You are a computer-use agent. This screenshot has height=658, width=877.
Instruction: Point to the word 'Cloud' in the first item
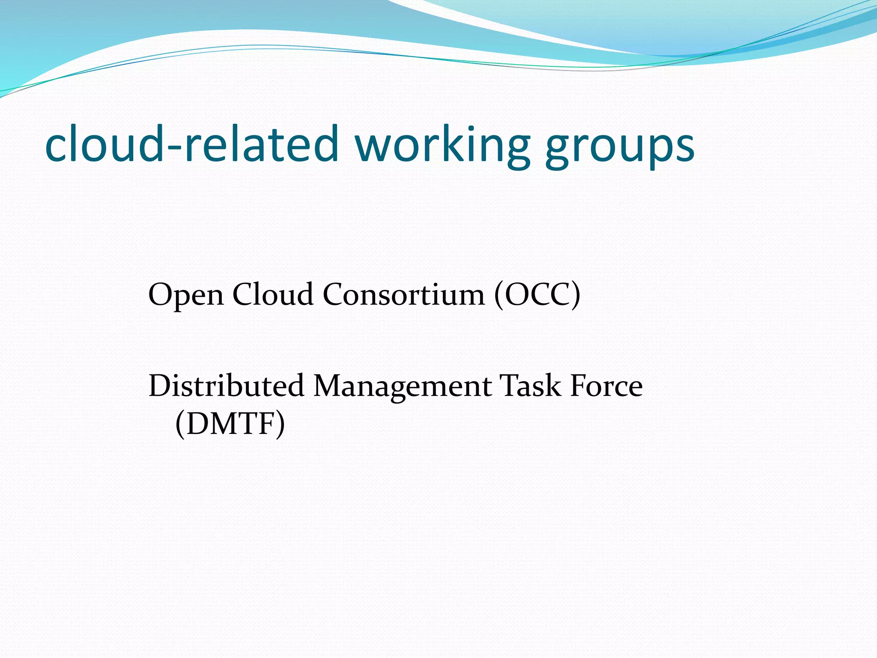(x=273, y=294)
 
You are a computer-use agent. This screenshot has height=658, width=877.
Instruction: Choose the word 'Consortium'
(x=404, y=294)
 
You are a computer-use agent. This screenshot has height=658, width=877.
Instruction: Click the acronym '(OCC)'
(x=537, y=294)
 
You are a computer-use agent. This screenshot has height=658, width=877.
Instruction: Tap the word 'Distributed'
(x=226, y=386)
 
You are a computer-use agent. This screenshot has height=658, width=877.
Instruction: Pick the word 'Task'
(x=531, y=386)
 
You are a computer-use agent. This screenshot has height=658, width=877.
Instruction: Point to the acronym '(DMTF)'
(x=230, y=423)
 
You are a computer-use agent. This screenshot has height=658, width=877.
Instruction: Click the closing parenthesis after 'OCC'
(x=576, y=295)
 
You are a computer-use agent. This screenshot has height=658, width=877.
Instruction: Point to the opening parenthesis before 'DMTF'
(x=180, y=423)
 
